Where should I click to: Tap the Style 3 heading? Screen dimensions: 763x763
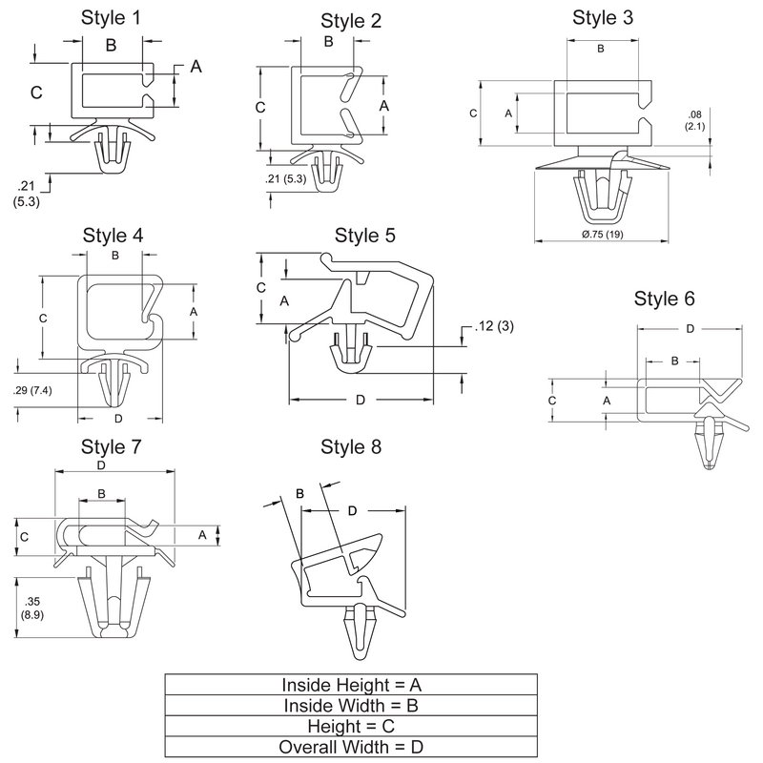pyautogui.click(x=602, y=17)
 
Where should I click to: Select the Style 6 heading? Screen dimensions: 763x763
pyautogui.click(x=664, y=299)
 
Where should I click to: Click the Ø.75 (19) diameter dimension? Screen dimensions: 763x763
pyautogui.click(x=601, y=235)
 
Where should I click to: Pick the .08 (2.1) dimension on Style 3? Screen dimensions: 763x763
pyautogui.click(x=694, y=120)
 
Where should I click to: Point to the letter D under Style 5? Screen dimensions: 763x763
pyautogui.click(x=361, y=401)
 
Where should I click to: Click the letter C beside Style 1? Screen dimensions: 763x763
pyautogui.click(x=35, y=93)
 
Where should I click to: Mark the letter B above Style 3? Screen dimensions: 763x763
pyautogui.click(x=601, y=49)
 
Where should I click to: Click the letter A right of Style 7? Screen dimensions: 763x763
pyautogui.click(x=202, y=535)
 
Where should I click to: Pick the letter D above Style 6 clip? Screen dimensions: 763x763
pyautogui.click(x=690, y=330)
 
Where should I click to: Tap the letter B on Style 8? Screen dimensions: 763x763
pyautogui.click(x=299, y=493)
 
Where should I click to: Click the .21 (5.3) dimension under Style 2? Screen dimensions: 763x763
pyautogui.click(x=286, y=178)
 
